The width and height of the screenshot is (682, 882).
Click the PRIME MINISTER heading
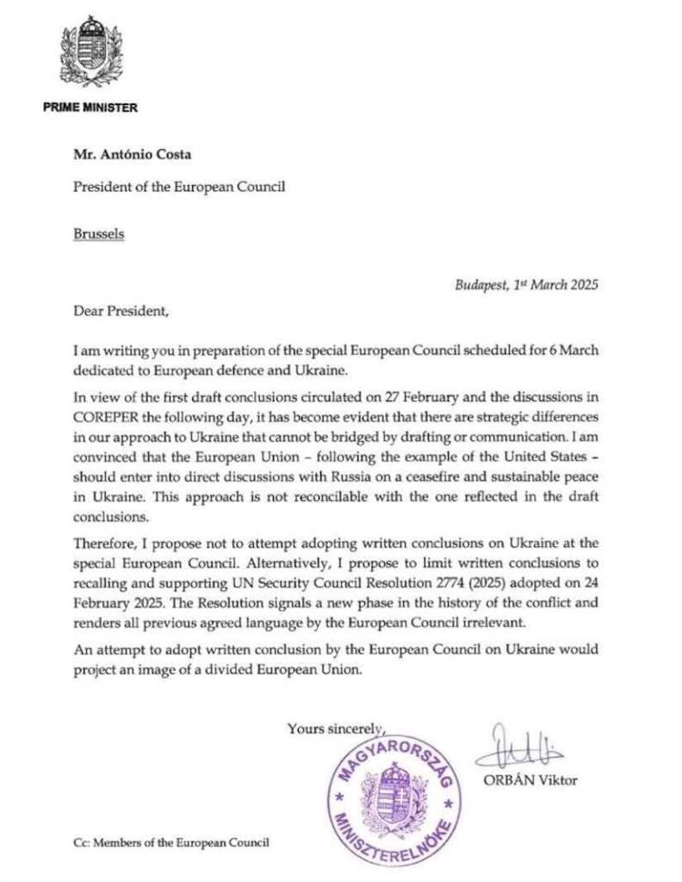click(90, 108)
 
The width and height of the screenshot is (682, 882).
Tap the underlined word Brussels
click(99, 233)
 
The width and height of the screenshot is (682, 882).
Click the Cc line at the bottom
click(170, 842)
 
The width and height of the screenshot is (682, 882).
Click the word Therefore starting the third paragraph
click(105, 543)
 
